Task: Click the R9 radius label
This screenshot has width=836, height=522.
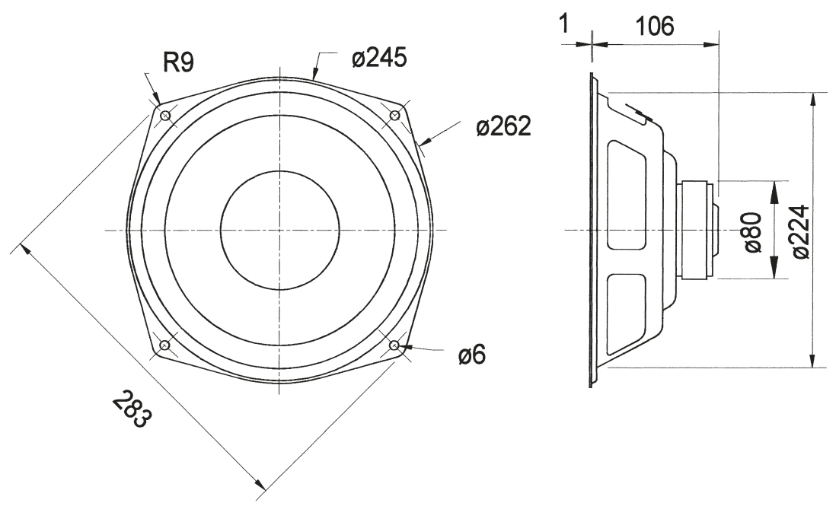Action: [179, 63]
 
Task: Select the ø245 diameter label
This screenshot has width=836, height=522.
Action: [379, 57]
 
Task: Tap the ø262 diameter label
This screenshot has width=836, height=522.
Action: [503, 126]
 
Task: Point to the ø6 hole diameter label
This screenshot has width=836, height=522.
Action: [472, 355]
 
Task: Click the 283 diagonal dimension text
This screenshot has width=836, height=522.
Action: [132, 409]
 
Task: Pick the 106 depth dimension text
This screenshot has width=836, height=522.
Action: [654, 26]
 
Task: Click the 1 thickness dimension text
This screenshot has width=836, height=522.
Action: [566, 24]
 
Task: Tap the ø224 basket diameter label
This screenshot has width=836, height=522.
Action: [800, 231]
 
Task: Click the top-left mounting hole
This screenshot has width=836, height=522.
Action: [164, 115]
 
